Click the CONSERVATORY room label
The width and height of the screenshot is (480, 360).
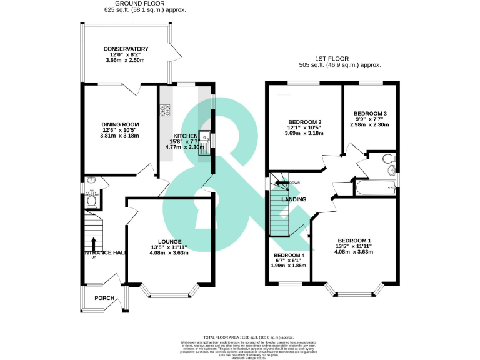click(126, 49)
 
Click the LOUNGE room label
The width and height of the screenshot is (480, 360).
click(169, 241)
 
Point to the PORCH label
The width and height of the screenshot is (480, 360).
click(104, 298)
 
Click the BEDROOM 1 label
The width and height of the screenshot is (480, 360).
click(354, 241)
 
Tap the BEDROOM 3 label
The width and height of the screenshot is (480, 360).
click(370, 113)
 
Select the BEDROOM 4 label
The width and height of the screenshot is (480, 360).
click(289, 256)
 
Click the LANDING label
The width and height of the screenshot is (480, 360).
click(294, 200)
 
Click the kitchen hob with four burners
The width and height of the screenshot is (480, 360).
click(166, 111)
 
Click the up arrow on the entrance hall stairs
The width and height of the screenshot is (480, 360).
click(94, 244)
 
